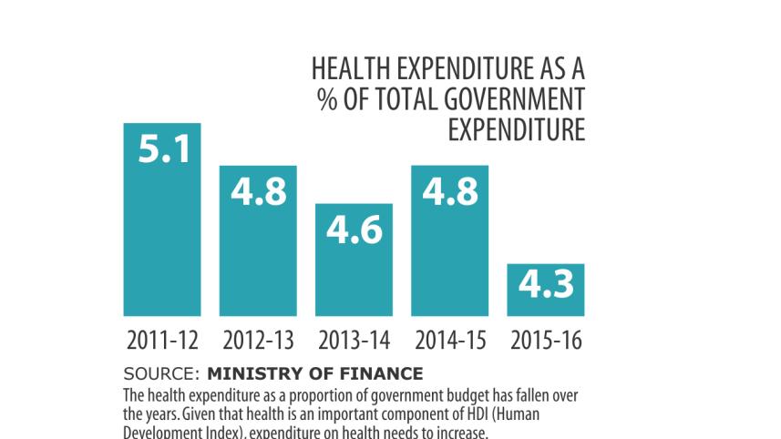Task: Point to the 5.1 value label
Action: (x=164, y=148)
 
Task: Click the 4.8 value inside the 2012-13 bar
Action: (x=258, y=191)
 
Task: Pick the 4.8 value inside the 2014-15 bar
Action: (x=450, y=191)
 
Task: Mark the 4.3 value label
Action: (x=546, y=285)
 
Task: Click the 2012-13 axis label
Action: (x=258, y=342)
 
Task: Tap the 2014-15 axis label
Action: (x=450, y=342)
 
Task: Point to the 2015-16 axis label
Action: (x=546, y=342)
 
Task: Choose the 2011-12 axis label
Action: (x=162, y=342)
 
